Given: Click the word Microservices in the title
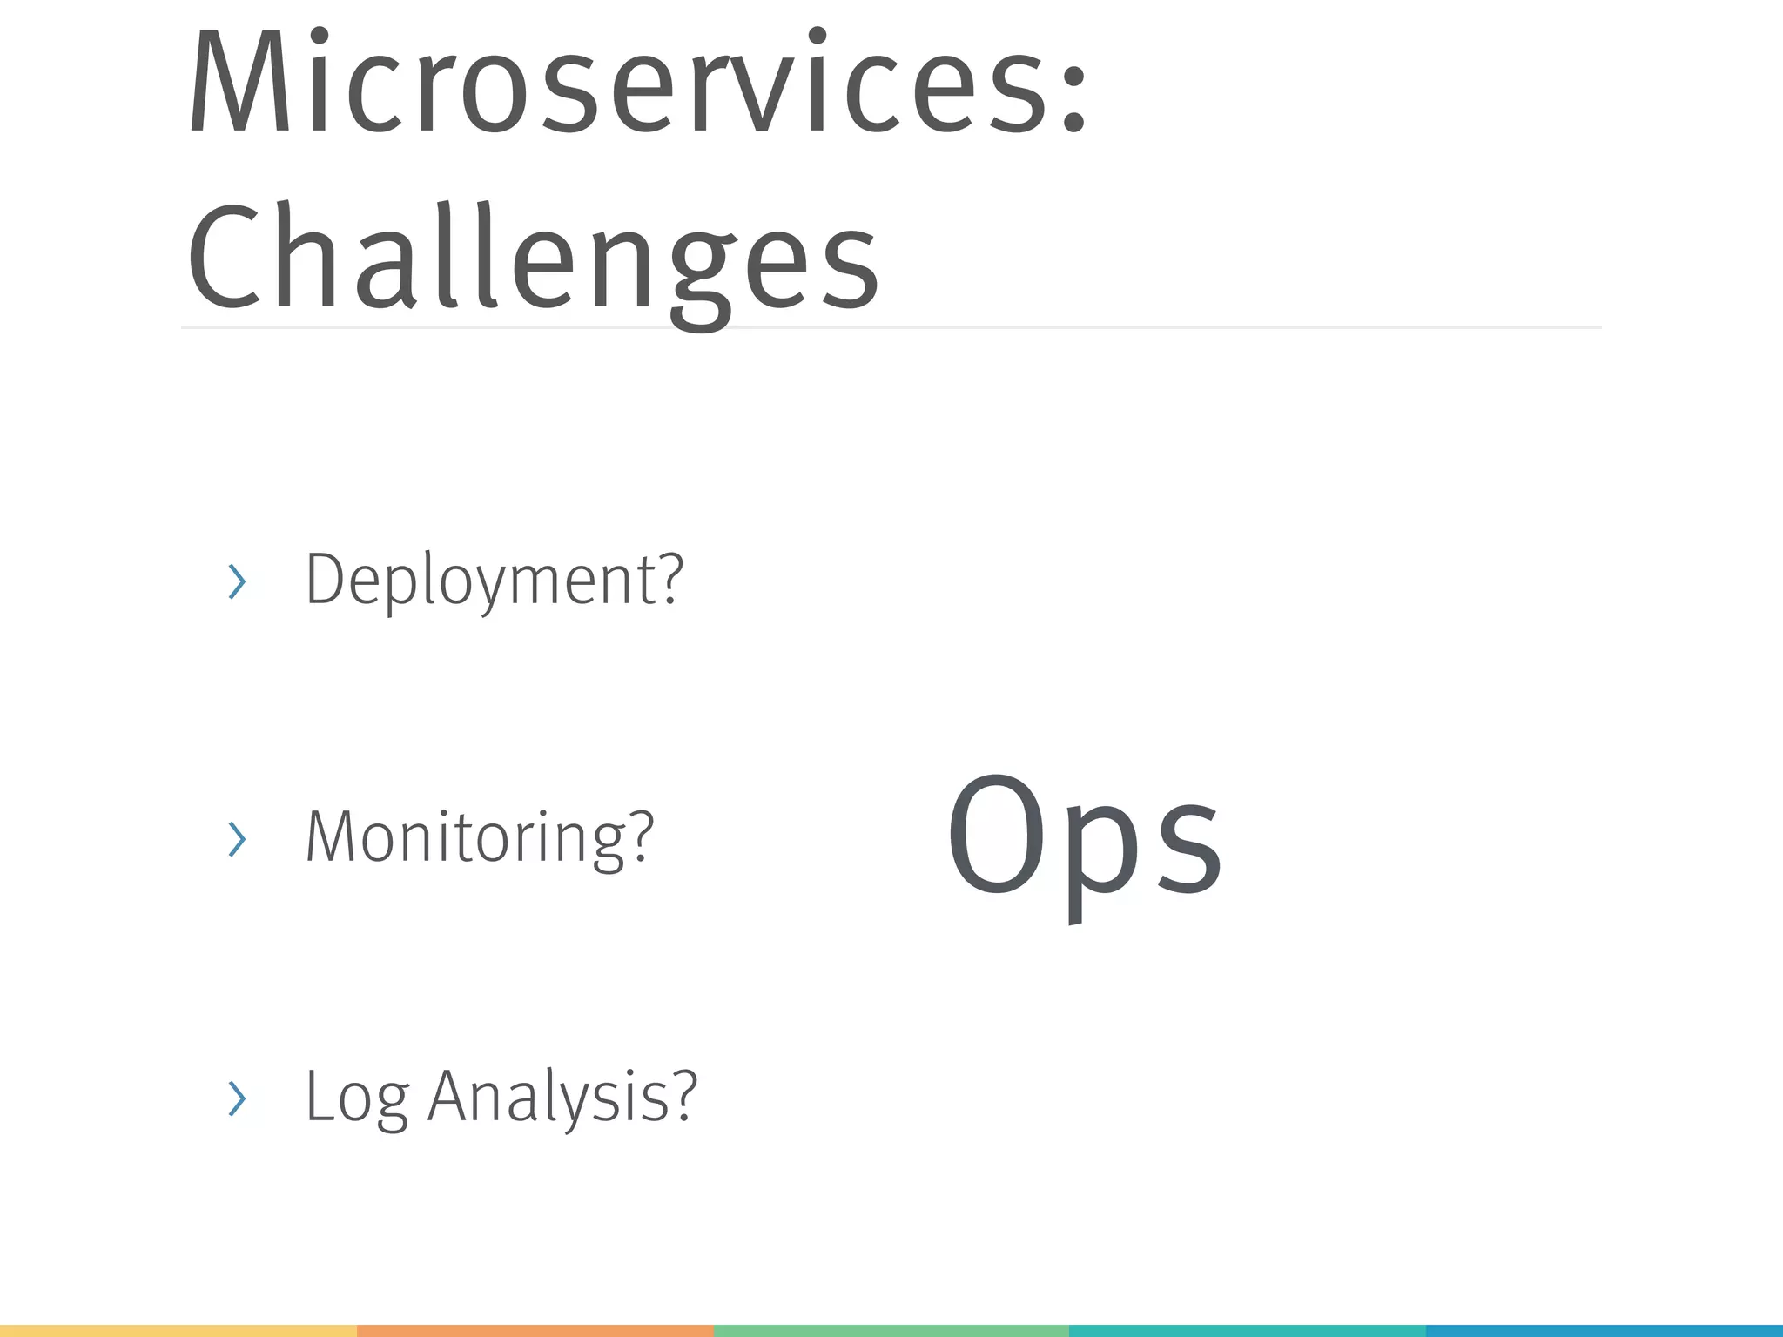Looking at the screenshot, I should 618,83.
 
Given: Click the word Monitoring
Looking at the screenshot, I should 462,837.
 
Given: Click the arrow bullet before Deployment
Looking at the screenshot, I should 237,581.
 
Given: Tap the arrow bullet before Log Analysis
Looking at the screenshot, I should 237,1098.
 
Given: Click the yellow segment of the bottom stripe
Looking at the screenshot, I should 178,1330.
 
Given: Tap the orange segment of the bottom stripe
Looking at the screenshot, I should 535,1330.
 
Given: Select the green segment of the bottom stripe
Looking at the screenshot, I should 891,1330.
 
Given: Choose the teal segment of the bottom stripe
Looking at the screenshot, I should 1247,1330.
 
